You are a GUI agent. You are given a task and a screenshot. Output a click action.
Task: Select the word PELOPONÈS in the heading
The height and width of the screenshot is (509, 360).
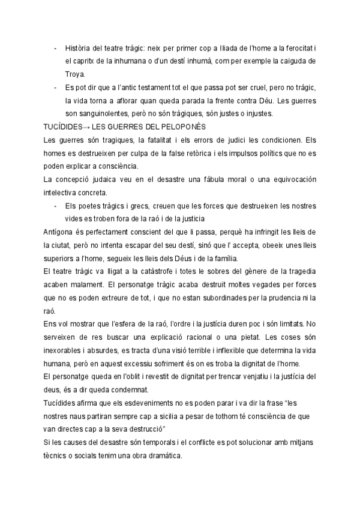point(182,127)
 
